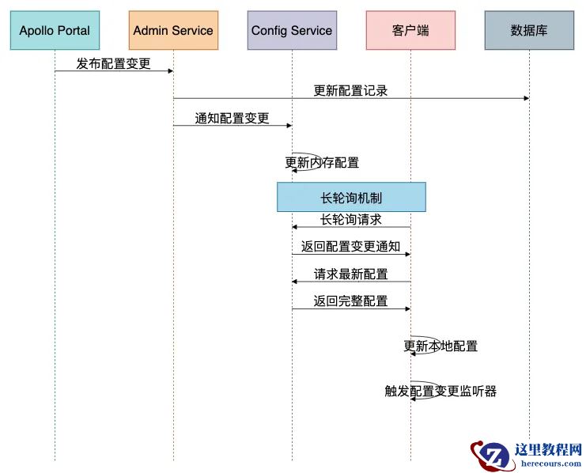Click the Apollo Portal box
pos(55,31)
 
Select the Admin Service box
pos(173,31)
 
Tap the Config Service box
pos(292,31)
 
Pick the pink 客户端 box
pos(410,31)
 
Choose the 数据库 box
pos(529,31)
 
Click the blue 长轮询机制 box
pos(351,197)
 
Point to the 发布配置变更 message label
pos(113,63)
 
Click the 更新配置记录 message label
pos(350,90)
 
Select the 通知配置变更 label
pos(232,118)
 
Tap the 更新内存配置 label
pos(322,163)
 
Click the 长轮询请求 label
pos(350,219)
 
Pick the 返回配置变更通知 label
pos(350,247)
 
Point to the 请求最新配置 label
pos(350,274)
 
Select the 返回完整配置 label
pos(350,301)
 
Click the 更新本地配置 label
pos(440,346)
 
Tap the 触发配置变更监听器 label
pos(440,391)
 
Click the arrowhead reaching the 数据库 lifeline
pos(525,98)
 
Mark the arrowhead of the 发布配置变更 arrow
pos(169,71)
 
